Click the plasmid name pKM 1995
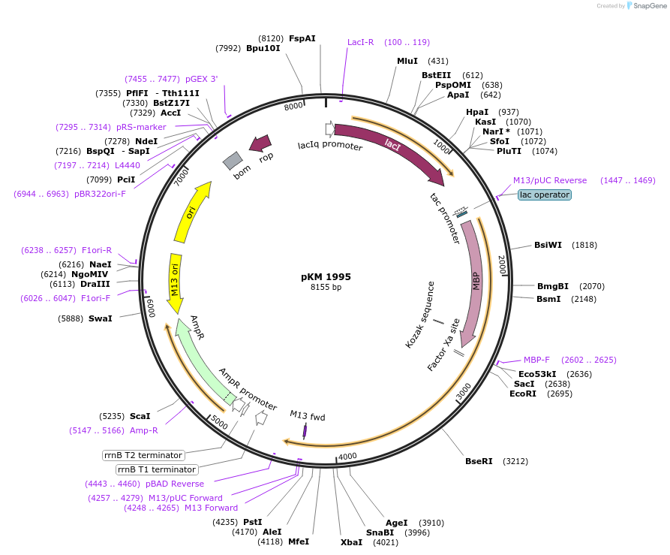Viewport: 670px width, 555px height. [326, 276]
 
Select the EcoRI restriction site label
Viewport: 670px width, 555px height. [523, 394]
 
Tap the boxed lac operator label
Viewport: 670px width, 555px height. [545, 195]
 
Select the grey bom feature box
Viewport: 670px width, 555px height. [233, 160]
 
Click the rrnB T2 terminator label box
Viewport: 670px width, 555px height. [143, 455]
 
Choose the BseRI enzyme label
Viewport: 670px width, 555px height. [479, 461]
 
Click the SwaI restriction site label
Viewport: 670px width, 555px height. [100, 318]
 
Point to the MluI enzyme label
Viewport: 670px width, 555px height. [407, 61]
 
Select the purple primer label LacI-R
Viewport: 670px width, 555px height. [360, 42]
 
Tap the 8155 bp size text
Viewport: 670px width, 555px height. [326, 288]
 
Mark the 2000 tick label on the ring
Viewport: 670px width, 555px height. [502, 265]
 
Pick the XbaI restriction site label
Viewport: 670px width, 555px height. [351, 541]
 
